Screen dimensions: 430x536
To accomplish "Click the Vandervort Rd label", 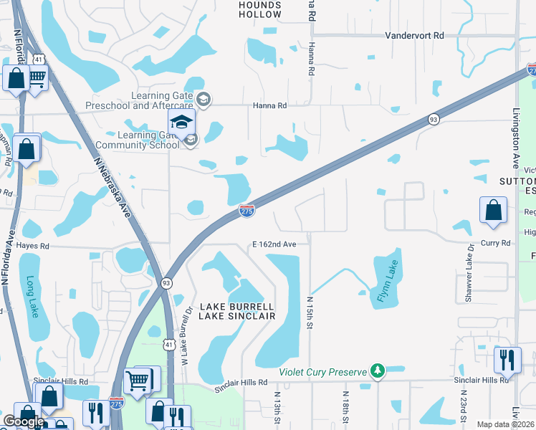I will (x=414, y=35).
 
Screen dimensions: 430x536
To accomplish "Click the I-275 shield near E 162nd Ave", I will (x=246, y=210).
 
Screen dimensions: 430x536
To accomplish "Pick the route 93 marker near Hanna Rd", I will (x=434, y=120).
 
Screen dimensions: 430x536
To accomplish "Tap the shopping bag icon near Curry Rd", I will (x=494, y=211).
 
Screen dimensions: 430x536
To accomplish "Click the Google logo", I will (x=24, y=421).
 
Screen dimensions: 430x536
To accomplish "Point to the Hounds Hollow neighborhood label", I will (x=259, y=9).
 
